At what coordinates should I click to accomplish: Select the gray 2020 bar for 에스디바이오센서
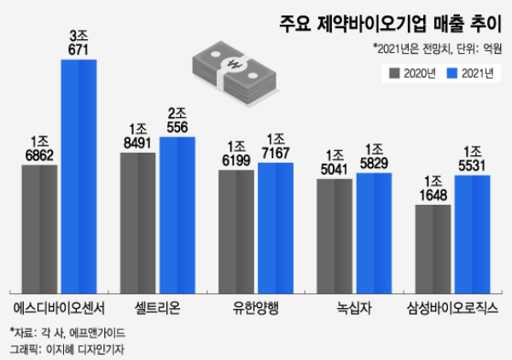(x=39, y=227)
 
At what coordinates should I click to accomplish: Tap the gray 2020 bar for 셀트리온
(x=137, y=221)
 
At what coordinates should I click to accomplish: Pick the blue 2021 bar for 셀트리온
(x=177, y=213)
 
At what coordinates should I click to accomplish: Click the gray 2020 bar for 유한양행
(x=236, y=229)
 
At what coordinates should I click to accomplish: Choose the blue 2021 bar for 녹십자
(x=374, y=231)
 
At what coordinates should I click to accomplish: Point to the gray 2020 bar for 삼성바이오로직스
(x=433, y=247)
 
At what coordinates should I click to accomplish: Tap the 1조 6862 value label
(x=39, y=147)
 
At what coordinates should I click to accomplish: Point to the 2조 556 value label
(x=177, y=119)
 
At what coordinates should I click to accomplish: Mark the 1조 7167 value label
(x=275, y=145)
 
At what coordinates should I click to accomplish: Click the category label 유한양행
(x=255, y=305)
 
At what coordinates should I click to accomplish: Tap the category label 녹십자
(x=353, y=305)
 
